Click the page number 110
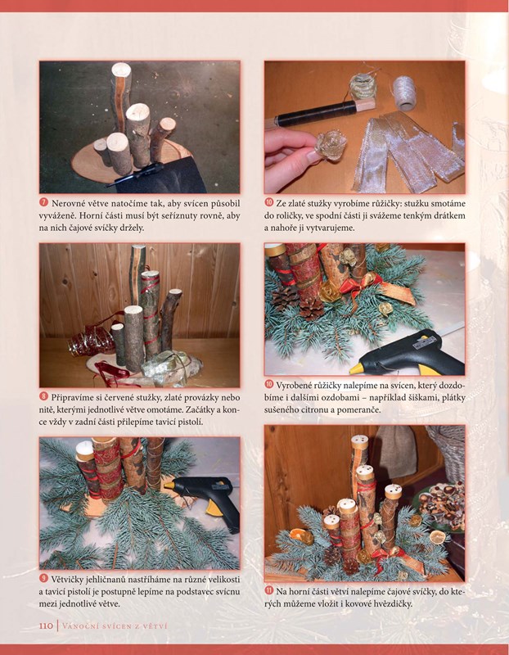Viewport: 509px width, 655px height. pyautogui.click(x=46, y=626)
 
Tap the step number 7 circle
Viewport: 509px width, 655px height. pyautogui.click(x=44, y=202)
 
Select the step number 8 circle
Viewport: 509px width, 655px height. pyautogui.click(x=44, y=396)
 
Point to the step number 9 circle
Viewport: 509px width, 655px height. pyautogui.click(x=44, y=579)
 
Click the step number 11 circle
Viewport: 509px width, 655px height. pyautogui.click(x=269, y=590)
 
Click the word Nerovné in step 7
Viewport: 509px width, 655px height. pyautogui.click(x=69, y=203)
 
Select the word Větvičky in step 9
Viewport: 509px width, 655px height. pyautogui.click(x=69, y=580)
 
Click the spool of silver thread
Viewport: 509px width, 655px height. pyautogui.click(x=404, y=92)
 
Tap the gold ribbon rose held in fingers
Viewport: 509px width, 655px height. pyautogui.click(x=330, y=145)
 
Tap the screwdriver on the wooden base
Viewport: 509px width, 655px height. pyautogui.click(x=134, y=174)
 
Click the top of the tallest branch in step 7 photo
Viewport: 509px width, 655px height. pyautogui.click(x=121, y=69)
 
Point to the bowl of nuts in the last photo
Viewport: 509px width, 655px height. pyautogui.click(x=441, y=505)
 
